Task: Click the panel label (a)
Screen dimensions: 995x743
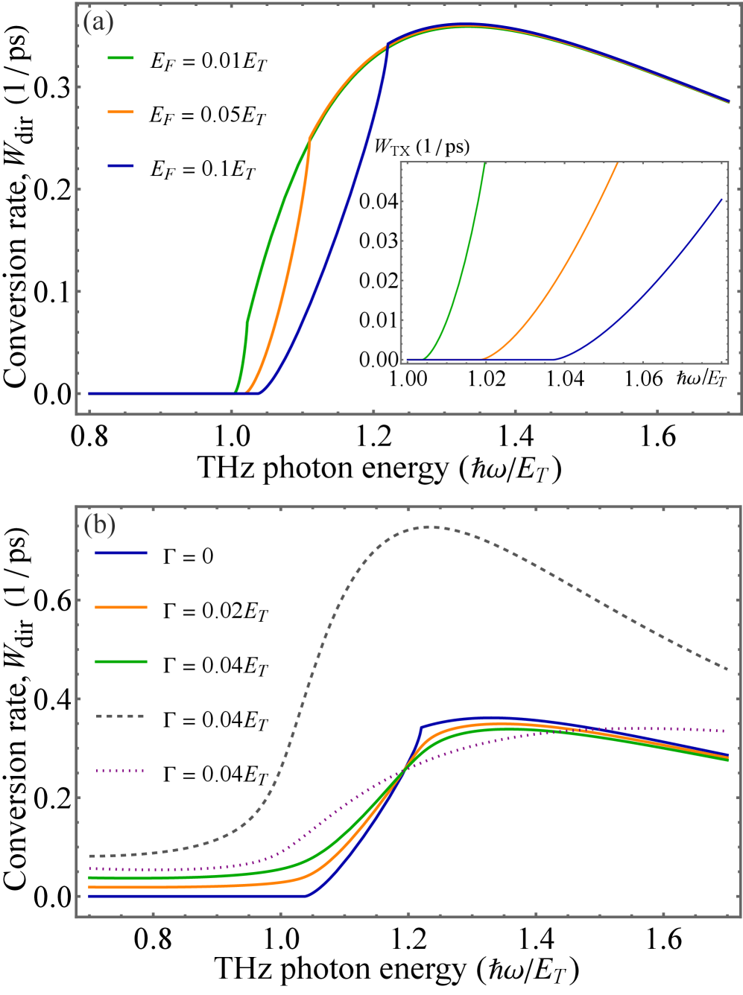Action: [x=98, y=22]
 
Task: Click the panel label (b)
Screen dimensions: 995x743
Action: [x=98, y=525]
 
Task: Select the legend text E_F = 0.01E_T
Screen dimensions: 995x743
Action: [x=208, y=61]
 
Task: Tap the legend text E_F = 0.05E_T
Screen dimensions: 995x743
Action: [x=207, y=115]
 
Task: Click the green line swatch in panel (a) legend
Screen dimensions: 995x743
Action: [x=120, y=57]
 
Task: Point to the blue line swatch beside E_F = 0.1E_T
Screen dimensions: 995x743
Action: [x=120, y=165]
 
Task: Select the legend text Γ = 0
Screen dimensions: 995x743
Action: [x=188, y=556]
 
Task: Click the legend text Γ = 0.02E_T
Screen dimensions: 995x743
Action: [x=215, y=611]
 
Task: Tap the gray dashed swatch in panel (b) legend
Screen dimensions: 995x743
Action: [x=120, y=716]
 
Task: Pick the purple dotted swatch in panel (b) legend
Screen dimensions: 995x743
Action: [x=120, y=770]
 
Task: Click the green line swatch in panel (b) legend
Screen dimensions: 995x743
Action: [x=120, y=661]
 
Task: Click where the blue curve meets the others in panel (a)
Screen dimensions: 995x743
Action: [x=388, y=46]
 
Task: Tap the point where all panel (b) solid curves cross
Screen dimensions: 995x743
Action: [x=405, y=769]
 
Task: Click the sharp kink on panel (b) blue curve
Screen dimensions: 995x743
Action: [x=421, y=726]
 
